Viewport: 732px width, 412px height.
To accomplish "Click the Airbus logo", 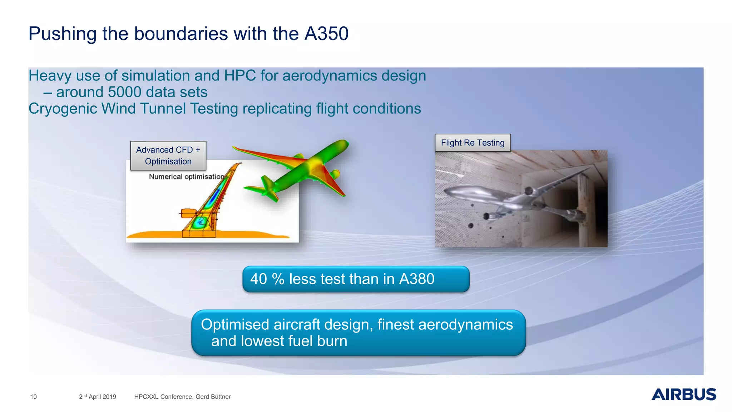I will pos(683,394).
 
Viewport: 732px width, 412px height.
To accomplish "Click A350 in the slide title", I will pos(326,34).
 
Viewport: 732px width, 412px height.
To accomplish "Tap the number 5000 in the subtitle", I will pos(124,92).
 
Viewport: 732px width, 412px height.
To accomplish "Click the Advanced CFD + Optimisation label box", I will pos(168,156).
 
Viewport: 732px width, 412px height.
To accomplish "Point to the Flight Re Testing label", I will pos(473,143).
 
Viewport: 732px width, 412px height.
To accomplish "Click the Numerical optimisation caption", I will pos(186,177).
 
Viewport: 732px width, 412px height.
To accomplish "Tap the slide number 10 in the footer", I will pos(34,397).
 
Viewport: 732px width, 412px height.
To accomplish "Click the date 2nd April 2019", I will pos(98,397).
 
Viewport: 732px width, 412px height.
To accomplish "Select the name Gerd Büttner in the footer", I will pos(213,397).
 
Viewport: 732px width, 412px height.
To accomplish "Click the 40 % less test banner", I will pos(356,279).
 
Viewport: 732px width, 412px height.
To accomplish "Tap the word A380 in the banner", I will pos(416,279).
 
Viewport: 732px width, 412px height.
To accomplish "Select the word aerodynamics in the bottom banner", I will pos(465,325).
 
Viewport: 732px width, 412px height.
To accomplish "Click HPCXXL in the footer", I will pos(146,397).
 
